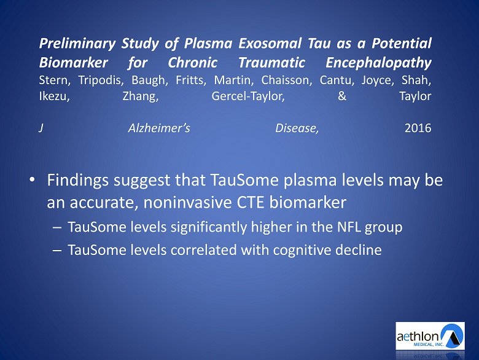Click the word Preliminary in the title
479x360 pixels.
click(x=77, y=44)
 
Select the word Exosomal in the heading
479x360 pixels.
click(x=270, y=43)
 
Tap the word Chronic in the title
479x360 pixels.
click(x=192, y=63)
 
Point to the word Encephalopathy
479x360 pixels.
click(x=378, y=63)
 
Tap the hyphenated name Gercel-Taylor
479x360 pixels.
click(x=248, y=96)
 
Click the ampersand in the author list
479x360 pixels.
click(x=342, y=96)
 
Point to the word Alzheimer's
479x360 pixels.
click(x=159, y=128)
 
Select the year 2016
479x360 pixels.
click(x=418, y=128)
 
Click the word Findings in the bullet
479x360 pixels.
click(x=78, y=181)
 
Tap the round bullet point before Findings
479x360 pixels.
click(x=32, y=180)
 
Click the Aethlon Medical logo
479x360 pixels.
click(x=430, y=335)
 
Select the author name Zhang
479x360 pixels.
click(x=141, y=96)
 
